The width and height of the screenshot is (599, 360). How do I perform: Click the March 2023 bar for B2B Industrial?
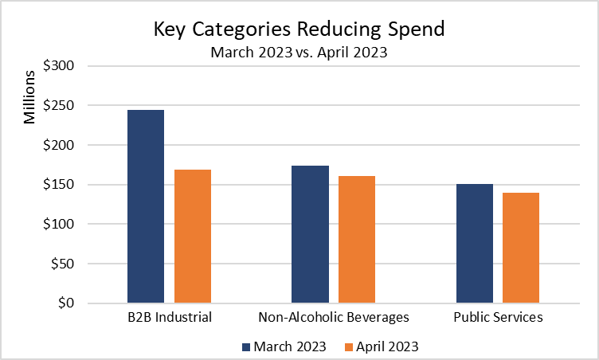pyautogui.click(x=146, y=206)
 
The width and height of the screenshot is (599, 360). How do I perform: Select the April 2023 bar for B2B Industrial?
pyautogui.click(x=193, y=236)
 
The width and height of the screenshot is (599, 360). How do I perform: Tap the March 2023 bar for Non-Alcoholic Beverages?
pyautogui.click(x=310, y=234)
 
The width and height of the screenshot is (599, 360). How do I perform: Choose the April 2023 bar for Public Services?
pyautogui.click(x=521, y=248)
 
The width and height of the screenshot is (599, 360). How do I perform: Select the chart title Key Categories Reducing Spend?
pyautogui.click(x=299, y=29)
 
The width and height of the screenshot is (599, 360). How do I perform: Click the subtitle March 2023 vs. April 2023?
pyautogui.click(x=299, y=53)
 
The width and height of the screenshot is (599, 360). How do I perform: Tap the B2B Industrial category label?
pyautogui.click(x=169, y=318)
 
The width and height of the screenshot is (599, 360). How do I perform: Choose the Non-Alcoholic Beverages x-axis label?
pyautogui.click(x=334, y=318)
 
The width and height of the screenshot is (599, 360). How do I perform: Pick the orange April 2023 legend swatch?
pyautogui.click(x=349, y=346)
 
